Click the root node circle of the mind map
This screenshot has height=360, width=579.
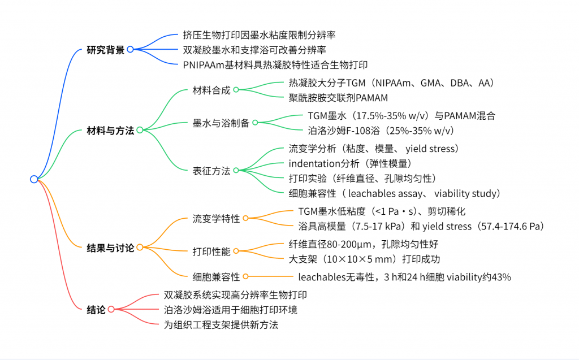(x=34, y=179)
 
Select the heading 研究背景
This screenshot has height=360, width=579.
(x=106, y=50)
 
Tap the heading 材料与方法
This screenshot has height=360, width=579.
(x=110, y=131)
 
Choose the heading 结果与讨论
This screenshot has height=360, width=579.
(x=110, y=248)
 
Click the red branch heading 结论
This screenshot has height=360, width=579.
(x=96, y=309)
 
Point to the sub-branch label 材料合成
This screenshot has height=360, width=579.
(x=211, y=90)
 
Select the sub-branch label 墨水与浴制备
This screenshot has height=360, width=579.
(x=221, y=123)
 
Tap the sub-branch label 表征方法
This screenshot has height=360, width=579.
(x=211, y=171)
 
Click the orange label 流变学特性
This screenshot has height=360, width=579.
(x=217, y=219)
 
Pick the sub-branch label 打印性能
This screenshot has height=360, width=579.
(x=211, y=251)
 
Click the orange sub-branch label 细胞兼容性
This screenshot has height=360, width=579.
(x=217, y=277)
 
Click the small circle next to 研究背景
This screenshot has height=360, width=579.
(x=131, y=49)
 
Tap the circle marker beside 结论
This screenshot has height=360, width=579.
(x=111, y=309)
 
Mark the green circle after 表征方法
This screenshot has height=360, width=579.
(x=236, y=170)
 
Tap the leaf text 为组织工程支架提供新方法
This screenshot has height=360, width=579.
(x=221, y=325)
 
